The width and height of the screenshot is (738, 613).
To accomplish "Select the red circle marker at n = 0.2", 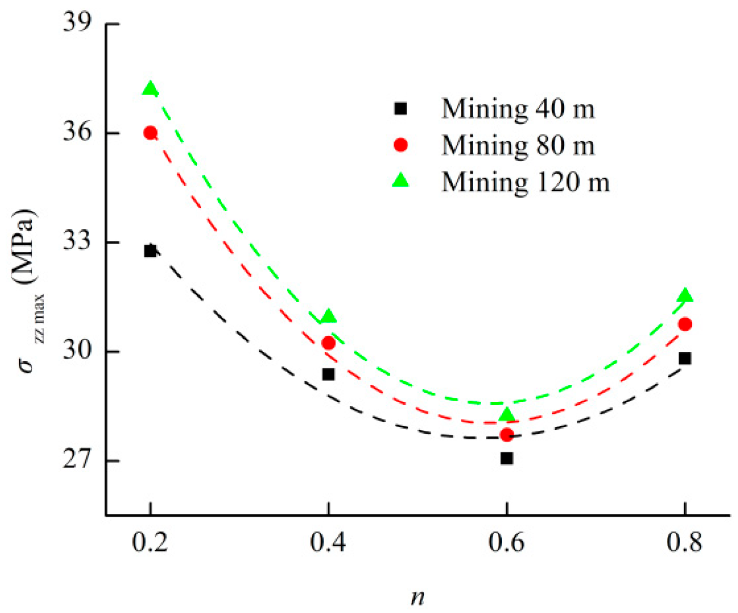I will point(150,133).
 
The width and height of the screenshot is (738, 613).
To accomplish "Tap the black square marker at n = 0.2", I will point(150,251).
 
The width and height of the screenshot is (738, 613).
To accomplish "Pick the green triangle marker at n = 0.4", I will point(328,317).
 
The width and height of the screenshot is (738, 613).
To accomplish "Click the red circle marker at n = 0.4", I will point(328,343).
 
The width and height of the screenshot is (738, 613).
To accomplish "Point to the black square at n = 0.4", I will point(328,375).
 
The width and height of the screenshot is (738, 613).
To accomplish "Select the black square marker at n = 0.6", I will point(507,458).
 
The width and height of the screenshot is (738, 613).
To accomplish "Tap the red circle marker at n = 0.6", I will point(507,435).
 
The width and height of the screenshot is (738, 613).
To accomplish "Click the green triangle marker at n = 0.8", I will point(685,296).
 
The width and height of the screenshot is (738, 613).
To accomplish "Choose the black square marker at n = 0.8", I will point(685,358).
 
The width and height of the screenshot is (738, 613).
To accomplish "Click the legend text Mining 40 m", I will point(518,109).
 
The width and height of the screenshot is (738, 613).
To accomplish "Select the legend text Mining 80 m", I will point(518,145).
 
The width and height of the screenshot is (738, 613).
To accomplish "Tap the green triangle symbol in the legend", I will point(400,180).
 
